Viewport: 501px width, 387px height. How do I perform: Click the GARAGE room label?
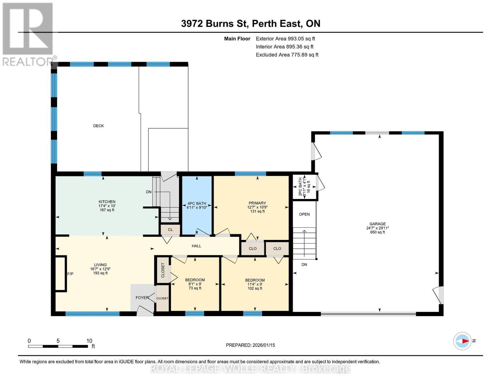[x=377, y=224]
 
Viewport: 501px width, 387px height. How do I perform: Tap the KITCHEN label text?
[x=107, y=202]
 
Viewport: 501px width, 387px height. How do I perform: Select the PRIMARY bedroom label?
[x=257, y=203]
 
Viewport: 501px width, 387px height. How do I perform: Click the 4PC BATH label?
[x=197, y=203]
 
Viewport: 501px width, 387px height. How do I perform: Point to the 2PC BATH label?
[x=300, y=187]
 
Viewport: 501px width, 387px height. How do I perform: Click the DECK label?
[x=98, y=126]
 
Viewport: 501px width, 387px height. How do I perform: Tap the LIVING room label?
[x=100, y=265]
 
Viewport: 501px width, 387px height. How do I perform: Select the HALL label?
[x=196, y=246]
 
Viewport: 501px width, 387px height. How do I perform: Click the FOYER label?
[x=142, y=298]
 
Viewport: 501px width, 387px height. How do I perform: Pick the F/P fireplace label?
[x=70, y=274]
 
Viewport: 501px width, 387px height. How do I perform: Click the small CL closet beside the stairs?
[x=170, y=230]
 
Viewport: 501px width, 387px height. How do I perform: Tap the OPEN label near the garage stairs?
[x=304, y=214]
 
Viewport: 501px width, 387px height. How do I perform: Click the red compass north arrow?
[x=465, y=341]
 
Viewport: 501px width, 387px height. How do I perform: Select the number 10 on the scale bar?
[x=89, y=341]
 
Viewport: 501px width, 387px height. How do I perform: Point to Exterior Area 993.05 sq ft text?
[x=285, y=39]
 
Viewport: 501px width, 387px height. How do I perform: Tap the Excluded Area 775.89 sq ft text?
[x=287, y=55]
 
